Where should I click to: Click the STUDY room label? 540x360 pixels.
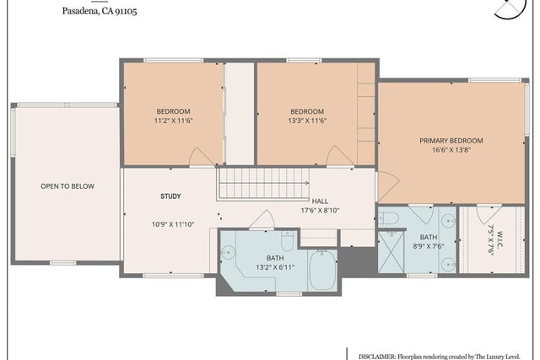[x=170, y=196]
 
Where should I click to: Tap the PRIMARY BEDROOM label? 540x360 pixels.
[x=451, y=141]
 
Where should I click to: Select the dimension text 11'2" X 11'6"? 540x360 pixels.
[x=173, y=121]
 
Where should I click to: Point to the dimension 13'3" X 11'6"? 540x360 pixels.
[x=307, y=121]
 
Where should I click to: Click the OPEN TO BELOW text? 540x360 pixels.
[x=67, y=186]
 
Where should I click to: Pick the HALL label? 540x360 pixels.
[x=320, y=201]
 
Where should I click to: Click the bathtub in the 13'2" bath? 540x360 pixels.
[x=322, y=270]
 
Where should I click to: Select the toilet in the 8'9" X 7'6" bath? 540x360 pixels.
[x=388, y=218]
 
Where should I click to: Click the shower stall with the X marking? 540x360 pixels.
[x=391, y=252]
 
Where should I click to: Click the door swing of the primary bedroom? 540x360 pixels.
[x=388, y=186]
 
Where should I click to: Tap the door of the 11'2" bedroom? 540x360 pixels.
[x=202, y=157]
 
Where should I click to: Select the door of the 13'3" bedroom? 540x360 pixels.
[x=339, y=156]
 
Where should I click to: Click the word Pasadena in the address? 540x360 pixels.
[x=81, y=11]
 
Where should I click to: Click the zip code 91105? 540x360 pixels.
[x=126, y=11]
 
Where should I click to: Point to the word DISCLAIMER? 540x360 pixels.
[x=377, y=357]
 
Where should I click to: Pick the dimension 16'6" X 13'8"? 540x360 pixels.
[x=451, y=150]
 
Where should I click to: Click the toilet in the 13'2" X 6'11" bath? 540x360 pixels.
[x=287, y=240]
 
